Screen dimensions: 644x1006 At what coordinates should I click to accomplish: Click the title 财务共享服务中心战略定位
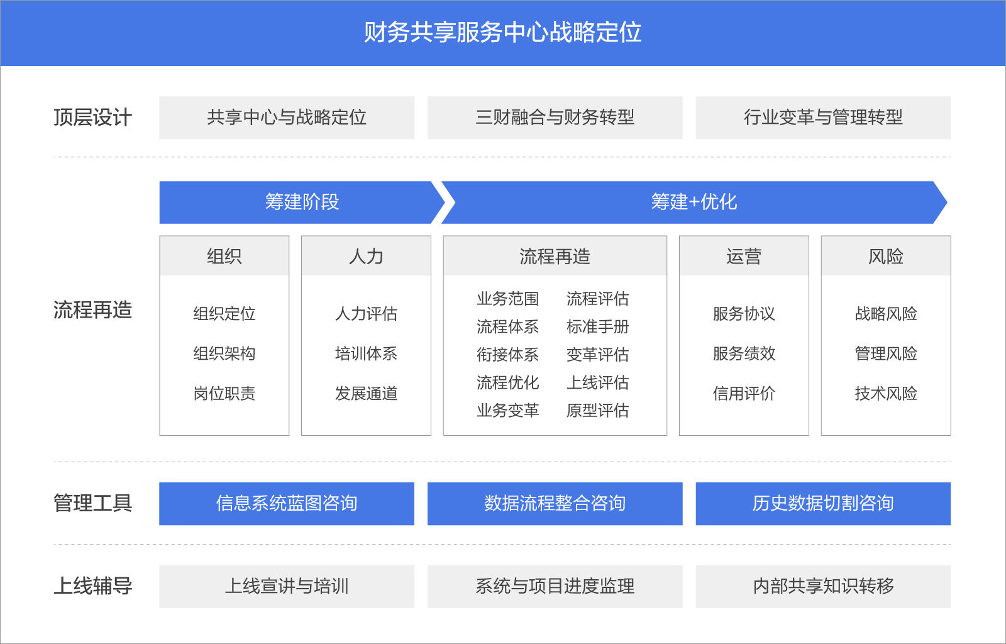(503, 33)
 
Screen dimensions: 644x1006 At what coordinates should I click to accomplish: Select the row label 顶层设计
(92, 118)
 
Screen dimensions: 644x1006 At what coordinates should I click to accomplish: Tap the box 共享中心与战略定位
(287, 118)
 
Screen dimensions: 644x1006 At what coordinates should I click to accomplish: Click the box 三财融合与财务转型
(555, 118)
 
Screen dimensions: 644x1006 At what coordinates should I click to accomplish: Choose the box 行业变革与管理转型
(823, 118)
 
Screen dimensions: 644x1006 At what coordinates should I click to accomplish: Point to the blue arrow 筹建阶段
(302, 202)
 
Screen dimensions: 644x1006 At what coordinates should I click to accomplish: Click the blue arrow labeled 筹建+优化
(694, 202)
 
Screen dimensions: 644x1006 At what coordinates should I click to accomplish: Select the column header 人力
(366, 257)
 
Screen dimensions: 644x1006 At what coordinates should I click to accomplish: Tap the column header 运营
(744, 257)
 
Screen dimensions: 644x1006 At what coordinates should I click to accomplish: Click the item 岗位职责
(224, 394)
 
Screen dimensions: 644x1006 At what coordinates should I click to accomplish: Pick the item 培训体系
(366, 353)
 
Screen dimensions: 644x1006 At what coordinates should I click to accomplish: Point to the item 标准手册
(597, 327)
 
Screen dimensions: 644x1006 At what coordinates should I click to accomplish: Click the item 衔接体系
(507, 355)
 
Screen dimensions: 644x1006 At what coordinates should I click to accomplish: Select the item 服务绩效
(744, 353)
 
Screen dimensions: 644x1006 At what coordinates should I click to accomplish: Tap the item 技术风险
(886, 394)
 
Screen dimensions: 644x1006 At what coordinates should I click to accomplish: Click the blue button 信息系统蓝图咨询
(287, 503)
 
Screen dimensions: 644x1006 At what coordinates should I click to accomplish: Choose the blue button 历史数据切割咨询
(823, 503)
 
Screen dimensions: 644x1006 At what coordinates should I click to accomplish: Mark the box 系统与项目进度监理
(555, 586)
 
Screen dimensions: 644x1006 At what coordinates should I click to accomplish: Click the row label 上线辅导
(92, 586)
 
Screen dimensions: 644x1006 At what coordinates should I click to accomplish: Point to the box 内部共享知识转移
(823, 586)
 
